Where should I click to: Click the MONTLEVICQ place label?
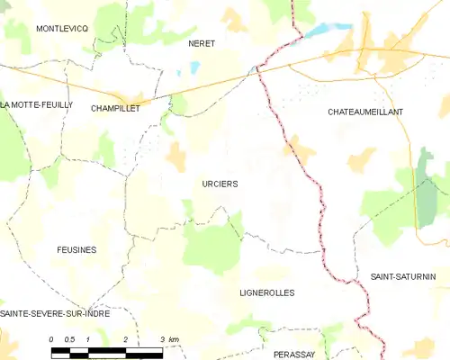coord(61,29)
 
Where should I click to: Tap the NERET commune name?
coord(201,43)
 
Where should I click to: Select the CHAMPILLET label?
coord(114,108)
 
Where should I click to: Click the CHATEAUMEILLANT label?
coord(364,112)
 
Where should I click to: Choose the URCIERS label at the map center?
coord(220,184)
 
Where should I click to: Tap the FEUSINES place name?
coord(76,249)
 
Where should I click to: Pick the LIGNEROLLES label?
coord(267,292)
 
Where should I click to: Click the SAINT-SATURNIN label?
coord(402,276)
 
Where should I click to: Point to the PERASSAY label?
coord(294,355)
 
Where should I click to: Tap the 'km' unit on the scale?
coord(174,339)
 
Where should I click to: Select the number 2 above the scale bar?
coord(125,339)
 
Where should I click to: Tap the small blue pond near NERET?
coord(193,67)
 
